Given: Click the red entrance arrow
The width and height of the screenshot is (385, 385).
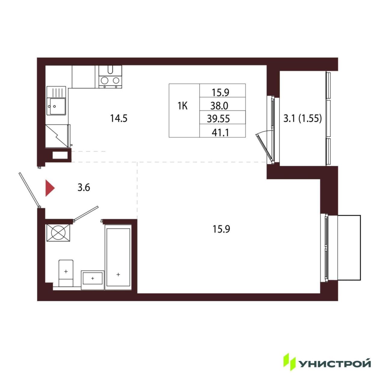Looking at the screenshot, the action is (x=49, y=188).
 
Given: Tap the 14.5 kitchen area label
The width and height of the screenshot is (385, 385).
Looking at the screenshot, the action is (x=119, y=119).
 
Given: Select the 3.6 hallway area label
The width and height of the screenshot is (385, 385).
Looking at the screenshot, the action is (x=84, y=188).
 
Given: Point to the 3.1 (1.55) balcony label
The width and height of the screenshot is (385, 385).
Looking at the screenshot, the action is (x=303, y=119).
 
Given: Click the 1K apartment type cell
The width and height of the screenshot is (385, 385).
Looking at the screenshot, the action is (x=182, y=106).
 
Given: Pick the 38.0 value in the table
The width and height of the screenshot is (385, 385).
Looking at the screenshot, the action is (x=219, y=106).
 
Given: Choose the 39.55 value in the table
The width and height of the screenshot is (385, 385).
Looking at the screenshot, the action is (x=218, y=119).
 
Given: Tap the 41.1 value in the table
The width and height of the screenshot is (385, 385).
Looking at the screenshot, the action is (x=220, y=132).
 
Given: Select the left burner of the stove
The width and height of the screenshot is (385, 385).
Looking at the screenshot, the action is (x=104, y=81).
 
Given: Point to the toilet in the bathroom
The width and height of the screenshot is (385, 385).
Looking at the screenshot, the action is (x=66, y=273).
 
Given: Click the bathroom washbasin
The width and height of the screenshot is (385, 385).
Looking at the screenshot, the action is (x=93, y=278).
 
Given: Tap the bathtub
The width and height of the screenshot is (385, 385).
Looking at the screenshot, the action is (x=118, y=257).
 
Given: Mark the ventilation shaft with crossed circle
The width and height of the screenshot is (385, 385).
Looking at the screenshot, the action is (x=58, y=233).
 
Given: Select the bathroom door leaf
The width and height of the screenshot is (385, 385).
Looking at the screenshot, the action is (x=86, y=213).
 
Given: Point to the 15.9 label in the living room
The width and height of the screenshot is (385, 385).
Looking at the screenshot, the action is (x=221, y=229).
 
